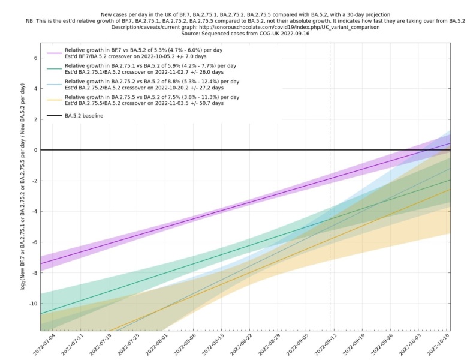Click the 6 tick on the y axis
[35, 58]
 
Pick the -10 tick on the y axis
[32, 304]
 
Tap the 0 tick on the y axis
[35, 150]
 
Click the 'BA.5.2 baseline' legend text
[88, 115]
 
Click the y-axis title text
[22, 187]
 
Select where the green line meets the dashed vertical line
[330, 219]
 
